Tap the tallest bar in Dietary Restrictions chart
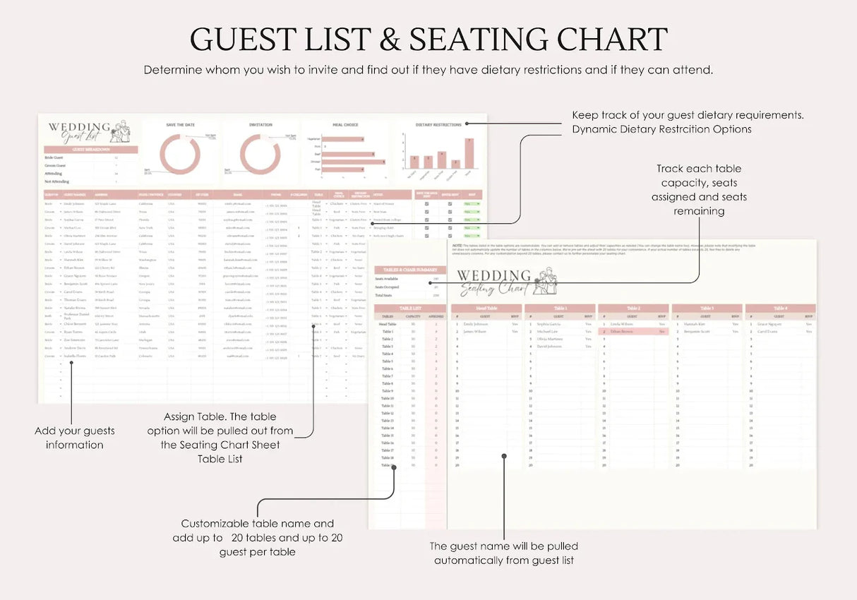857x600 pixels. pos(469,152)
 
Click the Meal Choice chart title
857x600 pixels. pos(345,125)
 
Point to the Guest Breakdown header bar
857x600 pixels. pos(91,150)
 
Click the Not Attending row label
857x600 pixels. pos(57,181)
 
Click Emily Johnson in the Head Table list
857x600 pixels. pos(476,324)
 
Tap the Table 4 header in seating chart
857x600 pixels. pos(780,308)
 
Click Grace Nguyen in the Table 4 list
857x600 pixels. pos(769,324)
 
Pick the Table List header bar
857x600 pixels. pos(409,308)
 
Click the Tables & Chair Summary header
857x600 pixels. pos(409,270)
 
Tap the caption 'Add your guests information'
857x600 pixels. pos(74,438)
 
